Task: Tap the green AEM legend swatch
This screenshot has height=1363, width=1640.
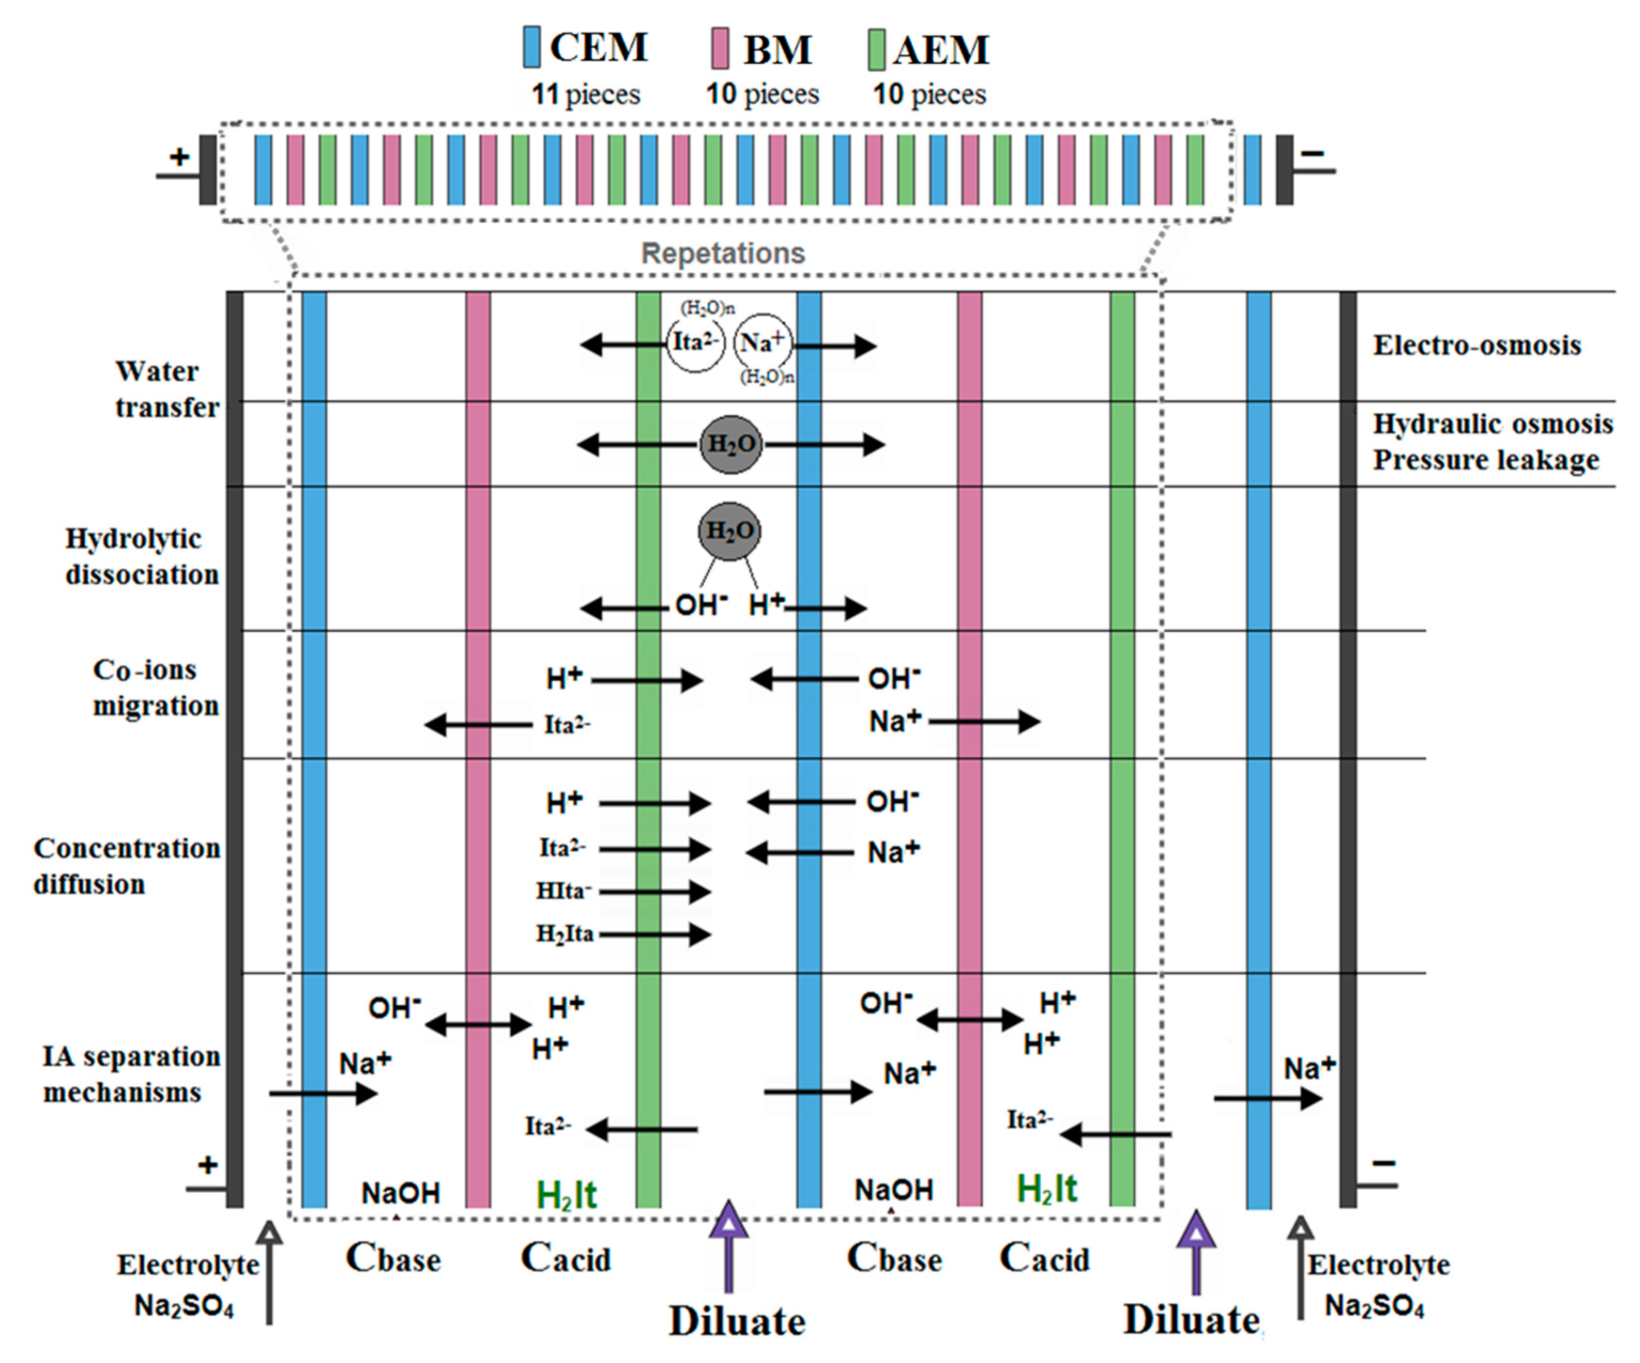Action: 877,48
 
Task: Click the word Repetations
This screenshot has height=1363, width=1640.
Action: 722,254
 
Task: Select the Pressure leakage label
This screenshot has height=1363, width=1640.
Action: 1486,460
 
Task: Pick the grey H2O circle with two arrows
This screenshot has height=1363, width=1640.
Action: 730,444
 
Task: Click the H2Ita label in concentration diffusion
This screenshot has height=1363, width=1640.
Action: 564,934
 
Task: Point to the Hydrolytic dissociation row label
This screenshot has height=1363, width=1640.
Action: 141,556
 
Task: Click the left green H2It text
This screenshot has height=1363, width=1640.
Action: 566,1195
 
